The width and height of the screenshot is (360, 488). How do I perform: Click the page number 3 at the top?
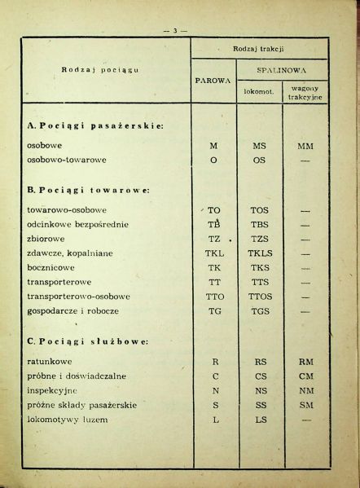(x=175, y=30)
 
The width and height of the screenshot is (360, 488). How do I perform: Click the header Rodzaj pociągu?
(x=101, y=69)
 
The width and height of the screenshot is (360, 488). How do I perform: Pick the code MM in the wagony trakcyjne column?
(x=305, y=146)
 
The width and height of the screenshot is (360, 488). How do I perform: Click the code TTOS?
(x=260, y=297)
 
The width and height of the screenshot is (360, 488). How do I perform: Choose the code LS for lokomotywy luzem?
(x=260, y=420)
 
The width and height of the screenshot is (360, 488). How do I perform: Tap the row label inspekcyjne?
(x=55, y=390)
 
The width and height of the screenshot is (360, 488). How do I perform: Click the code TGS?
(x=260, y=311)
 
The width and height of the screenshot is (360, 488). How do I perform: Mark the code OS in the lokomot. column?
(x=260, y=160)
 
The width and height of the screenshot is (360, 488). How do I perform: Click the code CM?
(x=306, y=376)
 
